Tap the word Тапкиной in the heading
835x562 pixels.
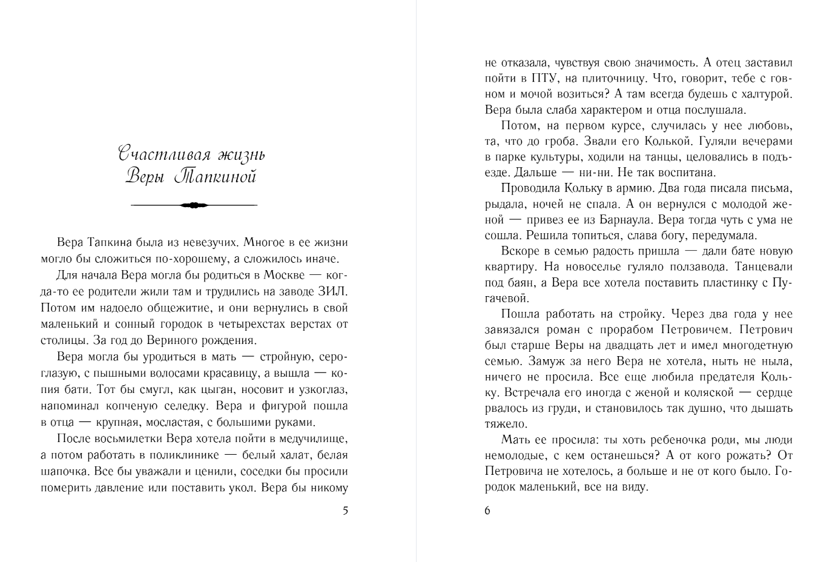[x=215, y=176]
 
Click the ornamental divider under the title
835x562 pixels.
[x=194, y=205]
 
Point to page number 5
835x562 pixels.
[x=345, y=511]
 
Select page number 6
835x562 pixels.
[x=487, y=511]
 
